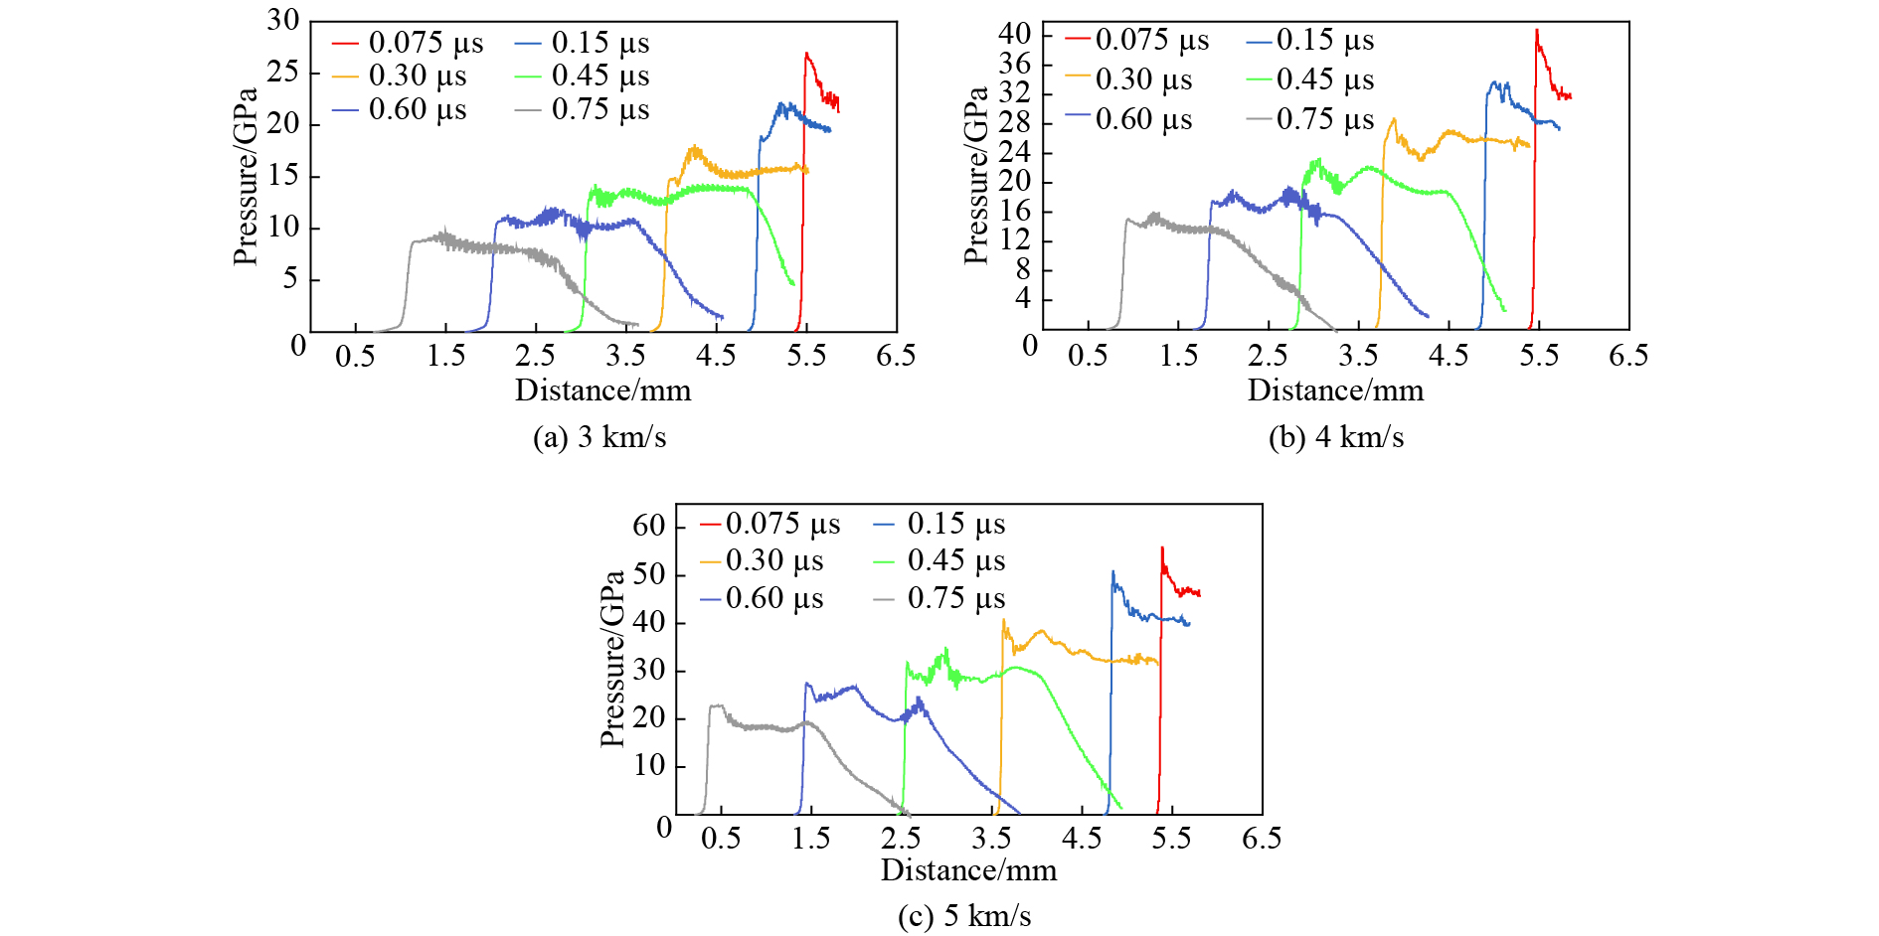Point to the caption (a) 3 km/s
point(599,437)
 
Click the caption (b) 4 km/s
point(1335,437)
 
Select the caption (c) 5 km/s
point(964,915)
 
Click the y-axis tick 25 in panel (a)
point(283,72)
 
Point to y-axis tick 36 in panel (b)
point(1015,65)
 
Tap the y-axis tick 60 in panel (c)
point(649,526)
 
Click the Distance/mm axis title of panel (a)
point(602,390)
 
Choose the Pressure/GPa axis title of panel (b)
point(976,175)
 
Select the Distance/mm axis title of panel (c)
point(968,869)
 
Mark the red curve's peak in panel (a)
point(805,54)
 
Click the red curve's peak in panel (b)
point(1536,30)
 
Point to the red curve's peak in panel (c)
point(1162,547)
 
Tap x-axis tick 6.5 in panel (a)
point(896,356)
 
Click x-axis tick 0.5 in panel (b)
point(1088,356)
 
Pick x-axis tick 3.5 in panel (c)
point(991,838)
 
